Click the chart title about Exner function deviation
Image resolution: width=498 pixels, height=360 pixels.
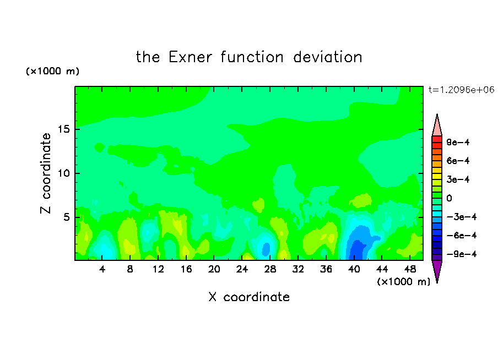(x=249, y=57)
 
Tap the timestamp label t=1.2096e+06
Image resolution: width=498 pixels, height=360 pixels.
(x=461, y=90)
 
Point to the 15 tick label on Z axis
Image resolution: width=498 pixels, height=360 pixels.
(x=63, y=129)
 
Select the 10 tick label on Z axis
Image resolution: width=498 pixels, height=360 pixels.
(x=63, y=173)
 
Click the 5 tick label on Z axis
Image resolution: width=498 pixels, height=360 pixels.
(x=66, y=217)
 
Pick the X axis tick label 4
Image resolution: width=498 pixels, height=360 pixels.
(x=102, y=269)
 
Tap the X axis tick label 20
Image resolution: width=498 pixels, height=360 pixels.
(x=214, y=269)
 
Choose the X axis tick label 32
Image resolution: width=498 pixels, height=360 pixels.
(x=298, y=269)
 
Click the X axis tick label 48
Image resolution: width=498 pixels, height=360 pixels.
(x=410, y=269)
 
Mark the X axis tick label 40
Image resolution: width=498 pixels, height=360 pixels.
(x=354, y=269)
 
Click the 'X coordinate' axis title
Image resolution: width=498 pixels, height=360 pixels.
(x=249, y=297)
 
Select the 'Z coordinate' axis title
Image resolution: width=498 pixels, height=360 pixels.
(x=46, y=173)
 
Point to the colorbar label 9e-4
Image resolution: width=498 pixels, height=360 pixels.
(x=458, y=142)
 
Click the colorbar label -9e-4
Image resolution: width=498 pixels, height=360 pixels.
(x=462, y=254)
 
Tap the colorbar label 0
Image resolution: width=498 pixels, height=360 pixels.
(x=449, y=198)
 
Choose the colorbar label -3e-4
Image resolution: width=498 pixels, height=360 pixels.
(x=462, y=217)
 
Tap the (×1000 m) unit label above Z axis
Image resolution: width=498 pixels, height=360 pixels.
(x=52, y=71)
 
